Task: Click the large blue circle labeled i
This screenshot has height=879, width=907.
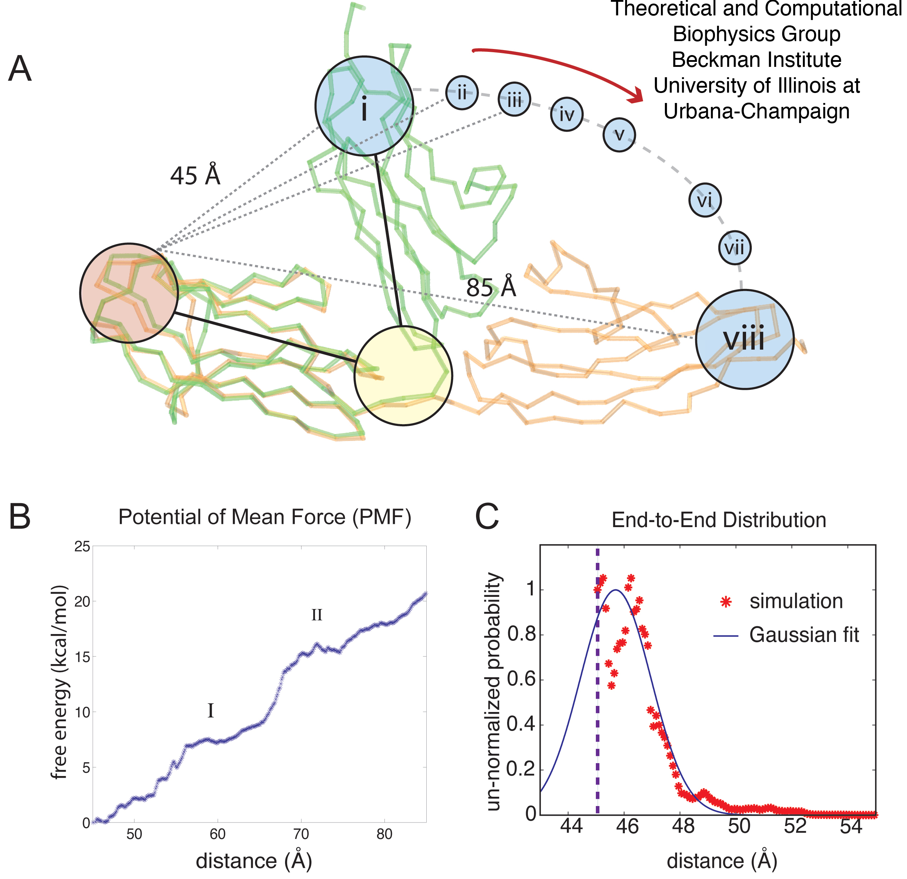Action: click(x=364, y=105)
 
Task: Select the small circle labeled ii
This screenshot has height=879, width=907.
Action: click(x=461, y=93)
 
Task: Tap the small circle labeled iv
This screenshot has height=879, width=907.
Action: click(x=567, y=114)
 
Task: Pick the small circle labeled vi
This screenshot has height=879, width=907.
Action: click(x=705, y=200)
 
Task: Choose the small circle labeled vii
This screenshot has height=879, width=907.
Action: click(x=734, y=248)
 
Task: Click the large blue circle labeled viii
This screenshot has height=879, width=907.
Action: click(x=745, y=339)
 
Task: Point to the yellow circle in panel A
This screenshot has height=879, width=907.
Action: click(x=403, y=375)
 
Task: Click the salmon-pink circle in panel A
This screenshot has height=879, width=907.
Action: click(x=129, y=293)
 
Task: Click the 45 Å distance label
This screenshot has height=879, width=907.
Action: click(x=195, y=175)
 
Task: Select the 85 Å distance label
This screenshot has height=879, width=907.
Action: click(x=491, y=287)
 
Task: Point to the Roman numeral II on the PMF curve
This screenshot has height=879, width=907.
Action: click(x=317, y=615)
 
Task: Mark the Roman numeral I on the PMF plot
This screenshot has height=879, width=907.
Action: click(x=211, y=710)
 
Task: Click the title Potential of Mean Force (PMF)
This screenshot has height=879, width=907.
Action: click(x=265, y=517)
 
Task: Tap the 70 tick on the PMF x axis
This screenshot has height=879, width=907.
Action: click(x=301, y=834)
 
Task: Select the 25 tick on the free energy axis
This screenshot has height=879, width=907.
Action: click(x=82, y=546)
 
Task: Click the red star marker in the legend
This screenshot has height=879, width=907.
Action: click(x=726, y=602)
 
